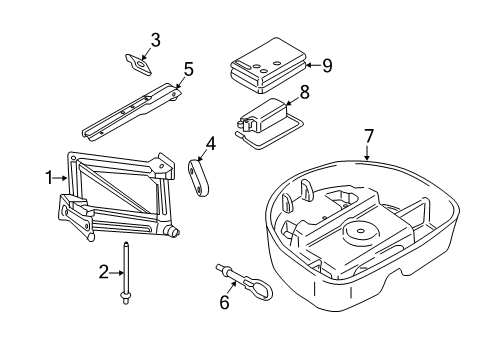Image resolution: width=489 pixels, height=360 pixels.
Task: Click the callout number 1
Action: pos(49,178)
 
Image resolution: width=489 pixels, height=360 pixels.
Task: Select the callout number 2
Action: pos(104,272)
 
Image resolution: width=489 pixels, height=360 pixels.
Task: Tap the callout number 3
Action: pos(155,40)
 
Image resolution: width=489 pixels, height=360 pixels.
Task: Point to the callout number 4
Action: pos(211,144)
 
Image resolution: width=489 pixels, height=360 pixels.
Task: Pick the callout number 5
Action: pos(188,69)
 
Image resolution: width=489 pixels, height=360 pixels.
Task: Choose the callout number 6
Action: pos(225,302)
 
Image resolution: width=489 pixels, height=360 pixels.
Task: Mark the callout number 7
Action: pos(368,136)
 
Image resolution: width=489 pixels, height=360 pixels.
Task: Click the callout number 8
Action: pos(305,92)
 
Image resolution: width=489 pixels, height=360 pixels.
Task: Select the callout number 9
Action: pos(328,65)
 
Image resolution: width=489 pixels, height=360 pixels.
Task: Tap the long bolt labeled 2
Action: pos(126,273)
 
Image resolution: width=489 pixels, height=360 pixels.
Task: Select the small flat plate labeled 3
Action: pos(138,64)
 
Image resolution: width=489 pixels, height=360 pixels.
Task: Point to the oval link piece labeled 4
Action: pos(198,178)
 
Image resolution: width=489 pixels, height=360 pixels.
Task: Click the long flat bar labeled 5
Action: pos(132,112)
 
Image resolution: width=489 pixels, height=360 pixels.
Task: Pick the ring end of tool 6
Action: pos(261,289)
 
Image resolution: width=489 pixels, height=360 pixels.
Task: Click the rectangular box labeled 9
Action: pos(268,65)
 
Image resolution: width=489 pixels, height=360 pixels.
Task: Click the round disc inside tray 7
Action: pos(361,231)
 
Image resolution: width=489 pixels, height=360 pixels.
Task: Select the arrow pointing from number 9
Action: pos(313,65)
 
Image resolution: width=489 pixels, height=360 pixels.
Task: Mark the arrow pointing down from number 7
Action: pos(367,153)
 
